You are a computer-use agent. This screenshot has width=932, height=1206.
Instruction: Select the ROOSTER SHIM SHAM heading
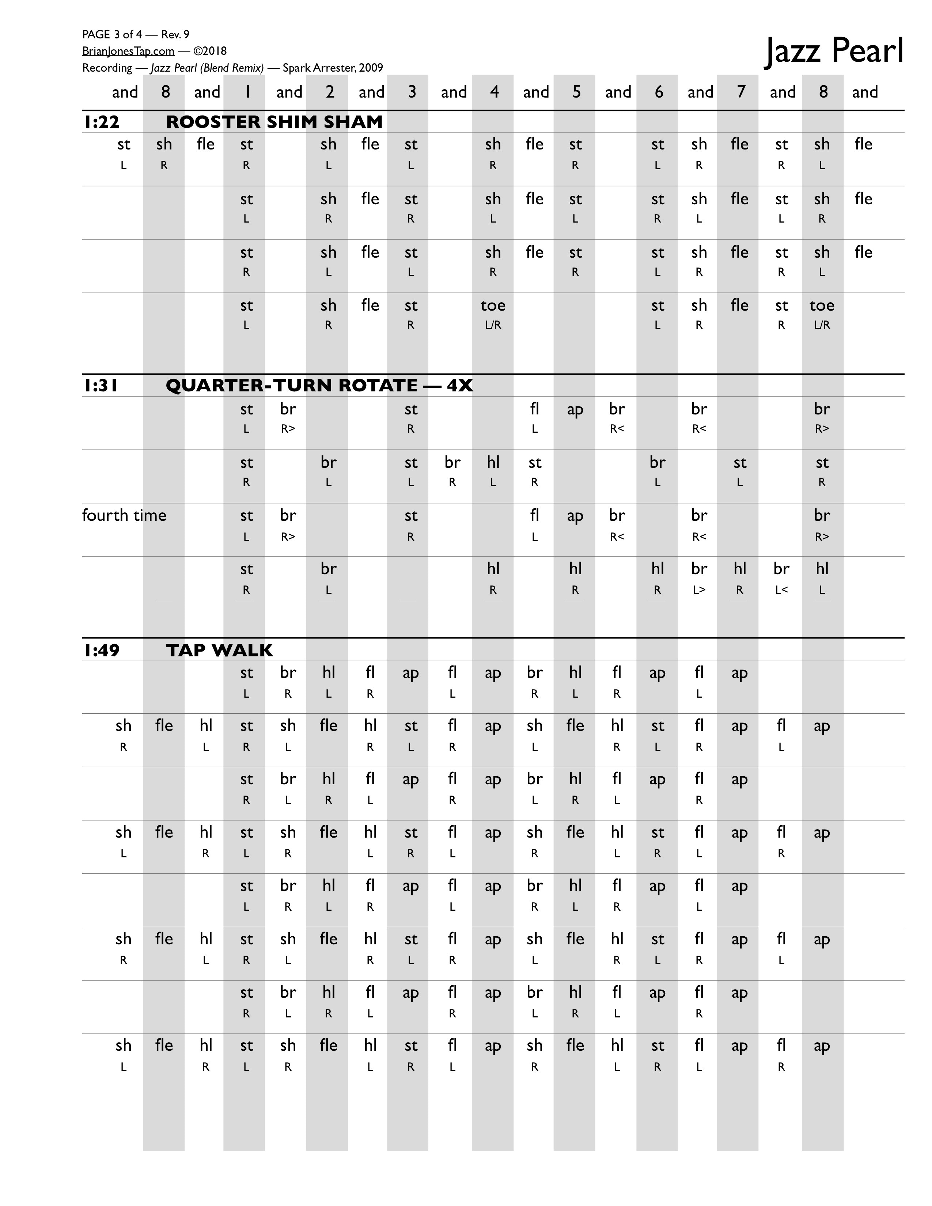274,121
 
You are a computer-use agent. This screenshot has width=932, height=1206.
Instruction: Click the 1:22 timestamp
102,121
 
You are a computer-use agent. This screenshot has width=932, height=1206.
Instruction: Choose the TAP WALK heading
219,650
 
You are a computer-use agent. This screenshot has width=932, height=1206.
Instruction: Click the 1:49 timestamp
102,650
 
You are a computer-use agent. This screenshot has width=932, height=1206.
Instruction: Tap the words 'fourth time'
124,515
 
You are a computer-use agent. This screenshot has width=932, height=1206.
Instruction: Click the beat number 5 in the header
576,92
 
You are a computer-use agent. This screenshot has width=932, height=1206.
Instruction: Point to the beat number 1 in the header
247,92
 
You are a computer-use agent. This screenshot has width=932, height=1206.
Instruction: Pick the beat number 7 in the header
740,92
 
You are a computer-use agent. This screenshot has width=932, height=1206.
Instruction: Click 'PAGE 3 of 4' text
112,35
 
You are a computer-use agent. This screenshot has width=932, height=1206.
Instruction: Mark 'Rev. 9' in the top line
175,35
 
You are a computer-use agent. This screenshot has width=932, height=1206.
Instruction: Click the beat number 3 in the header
412,92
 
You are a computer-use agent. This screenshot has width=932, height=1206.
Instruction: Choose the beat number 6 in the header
658,92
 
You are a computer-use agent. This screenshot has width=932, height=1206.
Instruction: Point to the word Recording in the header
107,68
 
